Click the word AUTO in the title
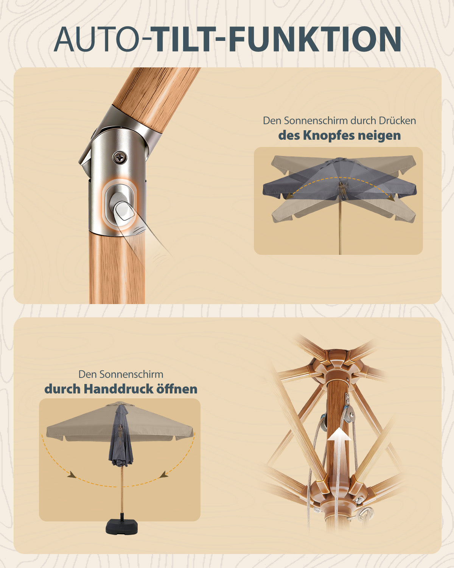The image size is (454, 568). tap(97, 39)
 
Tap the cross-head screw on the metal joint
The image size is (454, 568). tap(120, 158)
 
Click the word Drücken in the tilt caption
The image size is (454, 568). tap(397, 121)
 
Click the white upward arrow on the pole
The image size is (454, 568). tap(339, 455)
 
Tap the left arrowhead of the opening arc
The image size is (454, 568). tap(71, 474)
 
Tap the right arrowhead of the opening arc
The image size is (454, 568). tap(165, 474)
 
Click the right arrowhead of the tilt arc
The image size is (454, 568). tap(392, 198)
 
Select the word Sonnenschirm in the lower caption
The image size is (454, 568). tap(131, 374)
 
